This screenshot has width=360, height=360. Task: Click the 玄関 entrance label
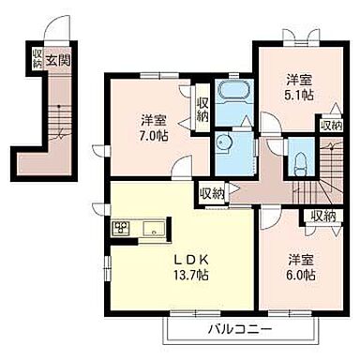coord(63,59)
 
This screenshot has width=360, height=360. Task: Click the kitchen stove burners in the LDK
coord(123,228)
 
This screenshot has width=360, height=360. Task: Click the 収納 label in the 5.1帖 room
coord(330,126)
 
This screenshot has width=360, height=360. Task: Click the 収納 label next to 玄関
coord(37,59)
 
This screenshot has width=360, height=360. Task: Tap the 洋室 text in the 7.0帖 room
coord(155,121)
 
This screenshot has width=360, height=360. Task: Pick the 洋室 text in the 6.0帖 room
coord(300,260)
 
